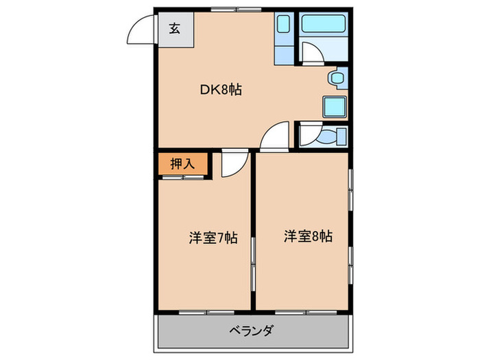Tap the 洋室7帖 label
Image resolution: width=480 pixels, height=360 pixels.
[213, 239]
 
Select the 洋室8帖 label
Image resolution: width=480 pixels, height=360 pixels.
[309, 237]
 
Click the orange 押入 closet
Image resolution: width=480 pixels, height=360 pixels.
[182, 164]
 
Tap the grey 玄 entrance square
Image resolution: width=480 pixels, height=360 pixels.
[176, 29]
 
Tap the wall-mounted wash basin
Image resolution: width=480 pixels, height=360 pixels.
[336, 78]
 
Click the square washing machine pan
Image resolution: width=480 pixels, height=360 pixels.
[335, 107]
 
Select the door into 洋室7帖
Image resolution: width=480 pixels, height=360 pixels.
[233, 165]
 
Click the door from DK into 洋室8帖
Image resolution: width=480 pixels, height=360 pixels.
[276, 136]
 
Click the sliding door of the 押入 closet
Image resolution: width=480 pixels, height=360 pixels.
[182, 178]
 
